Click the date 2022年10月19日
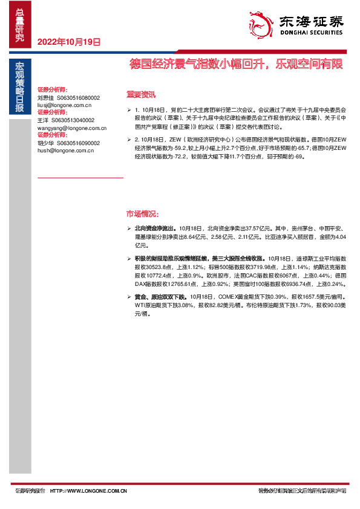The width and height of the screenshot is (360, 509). (x=69, y=42)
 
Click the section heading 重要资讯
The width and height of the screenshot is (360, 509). (x=141, y=94)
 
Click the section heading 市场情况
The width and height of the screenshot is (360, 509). (x=142, y=214)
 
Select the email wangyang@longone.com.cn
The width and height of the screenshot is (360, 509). (x=71, y=128)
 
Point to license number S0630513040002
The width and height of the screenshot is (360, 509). (x=74, y=120)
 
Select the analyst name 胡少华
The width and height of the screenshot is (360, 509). (x=46, y=143)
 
